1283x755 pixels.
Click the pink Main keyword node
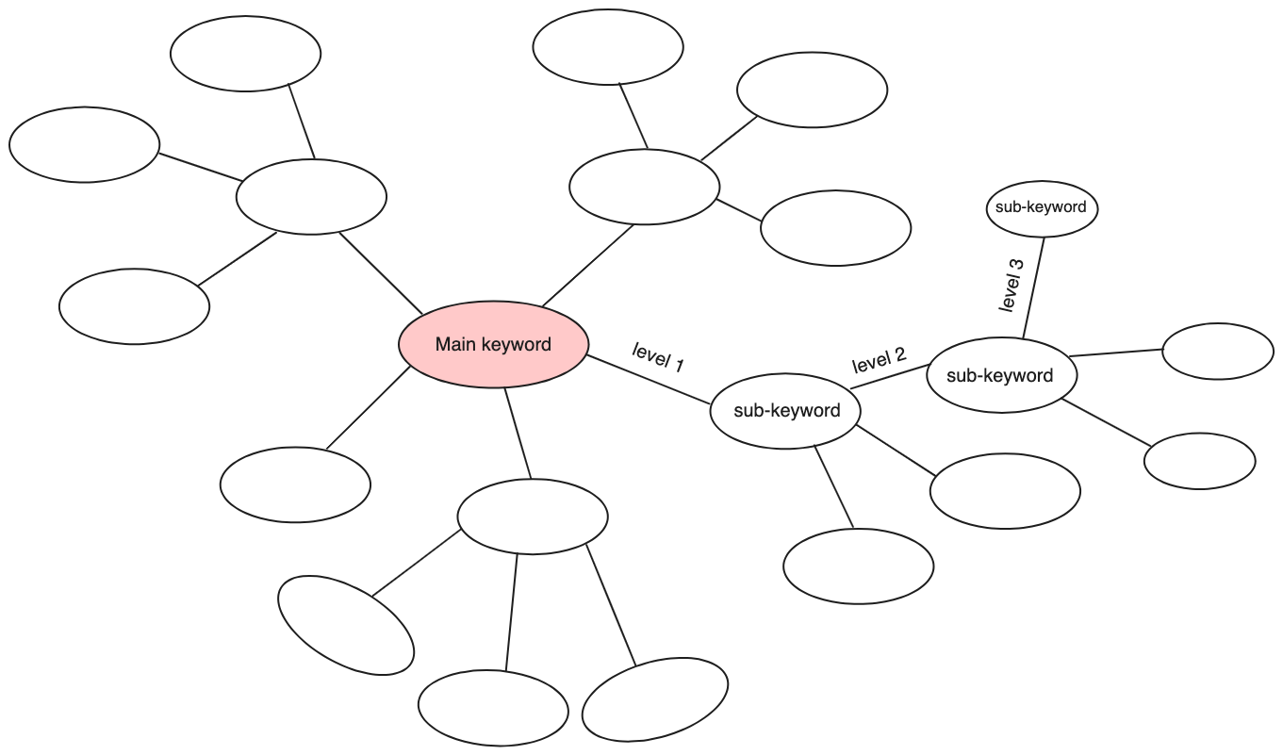[x=493, y=345]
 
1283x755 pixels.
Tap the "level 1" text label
[x=658, y=358]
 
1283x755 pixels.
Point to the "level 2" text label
[x=879, y=359]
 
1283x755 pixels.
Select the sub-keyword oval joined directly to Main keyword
[x=786, y=411]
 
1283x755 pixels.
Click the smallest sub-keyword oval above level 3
[x=1041, y=207]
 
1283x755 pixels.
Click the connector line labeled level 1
[x=650, y=380]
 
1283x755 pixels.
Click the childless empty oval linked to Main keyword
[x=295, y=484]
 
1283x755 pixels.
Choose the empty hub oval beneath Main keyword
[x=533, y=517]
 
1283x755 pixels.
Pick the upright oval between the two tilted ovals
[x=493, y=708]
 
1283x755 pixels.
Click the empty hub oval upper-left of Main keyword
[x=311, y=196]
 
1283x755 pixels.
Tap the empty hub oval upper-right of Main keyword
[x=644, y=187]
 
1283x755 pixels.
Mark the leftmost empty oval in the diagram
[x=84, y=145]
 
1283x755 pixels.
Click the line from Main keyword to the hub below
[x=518, y=434]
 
